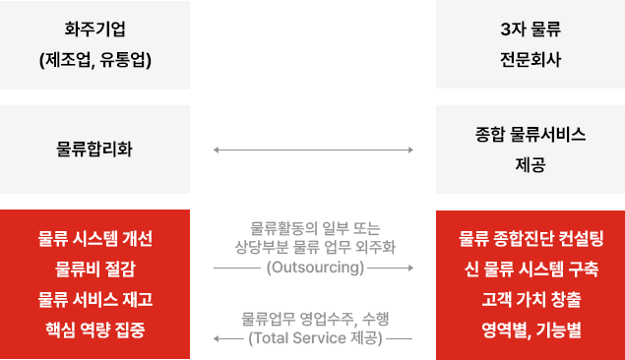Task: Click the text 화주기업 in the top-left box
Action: [95, 30]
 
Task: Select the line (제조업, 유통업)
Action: [95, 59]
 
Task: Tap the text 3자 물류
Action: [530, 30]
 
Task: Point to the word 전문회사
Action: [530, 59]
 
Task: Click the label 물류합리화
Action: [95, 150]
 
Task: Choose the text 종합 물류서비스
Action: [530, 135]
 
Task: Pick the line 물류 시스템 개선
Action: [95, 239]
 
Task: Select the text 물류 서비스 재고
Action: [95, 298]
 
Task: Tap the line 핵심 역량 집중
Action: [95, 328]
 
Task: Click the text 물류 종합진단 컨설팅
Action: [530, 239]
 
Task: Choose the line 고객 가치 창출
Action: [530, 298]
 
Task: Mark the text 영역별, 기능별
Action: [530, 328]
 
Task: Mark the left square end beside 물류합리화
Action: [216, 150]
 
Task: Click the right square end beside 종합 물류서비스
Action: [410, 150]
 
